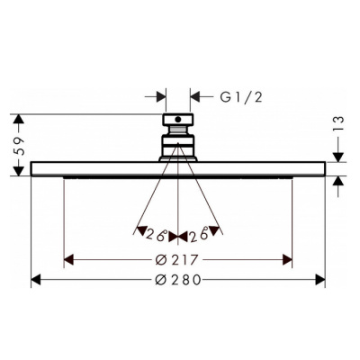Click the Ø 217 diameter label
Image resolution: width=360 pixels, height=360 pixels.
177,259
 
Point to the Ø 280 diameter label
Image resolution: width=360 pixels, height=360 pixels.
177,280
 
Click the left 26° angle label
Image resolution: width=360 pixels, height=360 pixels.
158,236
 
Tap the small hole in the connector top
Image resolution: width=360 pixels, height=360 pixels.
178,117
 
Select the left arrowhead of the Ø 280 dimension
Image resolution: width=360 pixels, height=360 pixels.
37,280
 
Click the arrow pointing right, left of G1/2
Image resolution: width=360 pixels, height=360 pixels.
161,94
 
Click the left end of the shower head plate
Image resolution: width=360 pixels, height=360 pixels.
33,168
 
